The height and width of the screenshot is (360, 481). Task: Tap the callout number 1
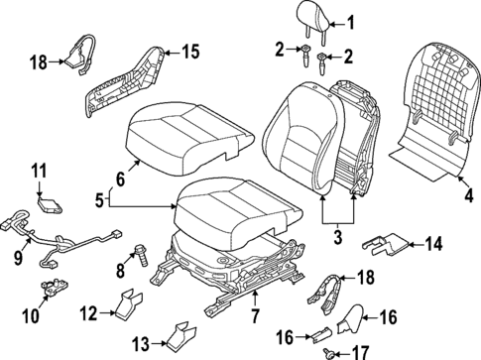tap(348, 21)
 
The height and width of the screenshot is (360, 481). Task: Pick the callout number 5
tap(100, 201)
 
